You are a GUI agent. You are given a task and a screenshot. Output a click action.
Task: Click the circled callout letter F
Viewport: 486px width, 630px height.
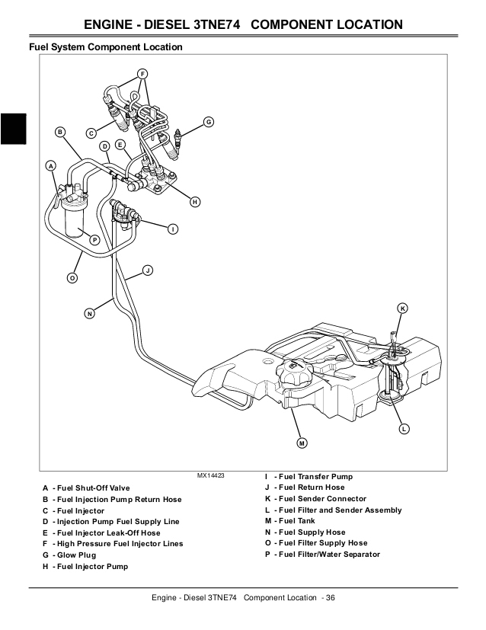(x=142, y=74)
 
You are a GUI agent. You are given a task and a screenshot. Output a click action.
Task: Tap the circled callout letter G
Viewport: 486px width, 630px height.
(x=208, y=122)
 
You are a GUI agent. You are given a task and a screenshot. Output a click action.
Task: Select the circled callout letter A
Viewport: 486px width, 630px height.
(x=51, y=165)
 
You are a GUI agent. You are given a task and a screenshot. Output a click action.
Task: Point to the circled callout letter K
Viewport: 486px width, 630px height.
(x=403, y=308)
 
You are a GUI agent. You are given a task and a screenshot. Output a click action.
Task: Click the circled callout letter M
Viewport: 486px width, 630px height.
(x=301, y=443)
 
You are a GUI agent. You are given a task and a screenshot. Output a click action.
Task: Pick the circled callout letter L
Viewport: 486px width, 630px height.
(x=404, y=430)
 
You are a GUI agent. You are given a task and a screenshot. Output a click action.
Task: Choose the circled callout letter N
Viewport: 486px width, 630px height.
(x=89, y=313)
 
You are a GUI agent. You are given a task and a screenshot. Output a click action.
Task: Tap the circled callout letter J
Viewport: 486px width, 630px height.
(x=148, y=270)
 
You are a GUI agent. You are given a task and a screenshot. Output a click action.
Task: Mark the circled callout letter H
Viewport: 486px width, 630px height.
(x=195, y=202)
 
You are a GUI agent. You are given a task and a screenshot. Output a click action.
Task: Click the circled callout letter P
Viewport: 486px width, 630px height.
(x=94, y=240)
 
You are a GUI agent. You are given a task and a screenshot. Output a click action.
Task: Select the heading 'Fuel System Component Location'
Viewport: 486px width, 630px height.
(x=105, y=47)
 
